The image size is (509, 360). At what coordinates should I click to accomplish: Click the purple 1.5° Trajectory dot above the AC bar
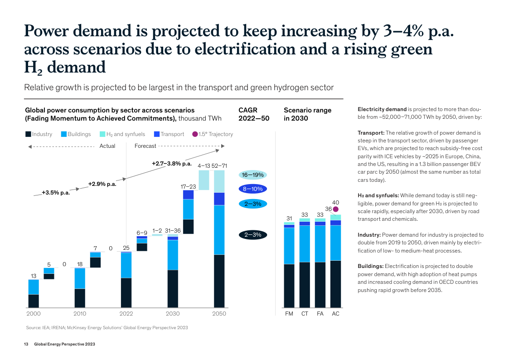tap(336, 209)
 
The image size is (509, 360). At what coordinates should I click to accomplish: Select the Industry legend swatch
tap(28, 134)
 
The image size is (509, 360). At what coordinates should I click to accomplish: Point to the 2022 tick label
tap(126, 314)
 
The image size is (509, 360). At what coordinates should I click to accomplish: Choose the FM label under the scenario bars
tap(289, 314)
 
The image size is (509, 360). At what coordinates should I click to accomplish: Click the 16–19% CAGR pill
tap(253, 175)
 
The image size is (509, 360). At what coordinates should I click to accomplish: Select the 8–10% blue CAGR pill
tap(253, 189)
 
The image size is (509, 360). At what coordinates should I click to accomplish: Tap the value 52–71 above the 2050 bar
tap(219, 165)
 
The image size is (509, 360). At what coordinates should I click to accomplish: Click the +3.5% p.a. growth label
tap(56, 193)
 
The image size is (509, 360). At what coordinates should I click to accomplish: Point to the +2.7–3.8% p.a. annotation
tap(172, 163)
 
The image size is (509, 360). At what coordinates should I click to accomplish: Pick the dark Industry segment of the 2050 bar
tap(219, 281)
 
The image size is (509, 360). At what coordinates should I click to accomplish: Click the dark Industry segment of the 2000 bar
tap(34, 301)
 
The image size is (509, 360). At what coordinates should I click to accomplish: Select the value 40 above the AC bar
tap(336, 202)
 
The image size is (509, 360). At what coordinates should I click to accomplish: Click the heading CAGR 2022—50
tap(253, 114)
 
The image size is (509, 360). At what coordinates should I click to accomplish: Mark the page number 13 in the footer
tap(26, 345)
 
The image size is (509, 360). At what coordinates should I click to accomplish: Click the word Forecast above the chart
tap(145, 146)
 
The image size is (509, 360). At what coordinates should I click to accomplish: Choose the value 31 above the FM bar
tap(289, 219)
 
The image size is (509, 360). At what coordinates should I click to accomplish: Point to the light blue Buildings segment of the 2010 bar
tap(80, 278)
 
